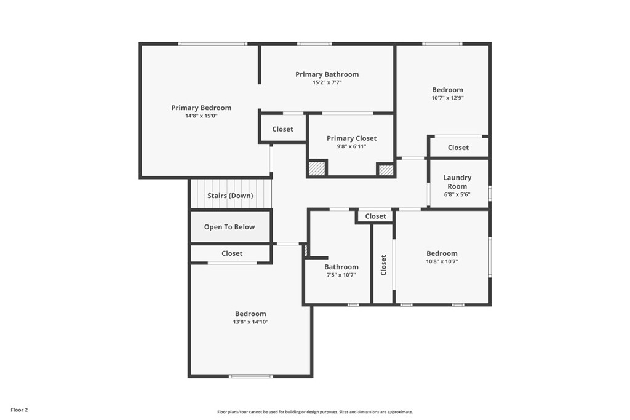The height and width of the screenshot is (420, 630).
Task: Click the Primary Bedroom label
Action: point(201,108)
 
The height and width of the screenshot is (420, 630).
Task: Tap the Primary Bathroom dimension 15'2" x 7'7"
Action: point(327,82)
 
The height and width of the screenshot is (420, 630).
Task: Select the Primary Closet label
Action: point(351,138)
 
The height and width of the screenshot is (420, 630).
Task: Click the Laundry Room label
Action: point(457,181)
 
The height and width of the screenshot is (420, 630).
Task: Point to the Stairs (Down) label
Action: point(230,196)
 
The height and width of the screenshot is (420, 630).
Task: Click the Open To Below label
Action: point(229,227)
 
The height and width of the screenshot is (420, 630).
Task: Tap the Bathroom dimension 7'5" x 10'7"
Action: point(341,275)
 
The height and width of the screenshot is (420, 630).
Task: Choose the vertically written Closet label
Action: point(383,265)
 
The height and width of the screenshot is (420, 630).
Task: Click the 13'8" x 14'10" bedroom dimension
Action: point(250,322)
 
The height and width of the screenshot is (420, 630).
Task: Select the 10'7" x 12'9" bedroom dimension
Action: point(448,98)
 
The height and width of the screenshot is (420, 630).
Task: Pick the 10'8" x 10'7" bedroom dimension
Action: point(442,261)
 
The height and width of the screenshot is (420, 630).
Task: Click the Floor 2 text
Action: point(19,410)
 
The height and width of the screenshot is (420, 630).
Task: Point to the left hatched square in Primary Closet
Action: point(317,168)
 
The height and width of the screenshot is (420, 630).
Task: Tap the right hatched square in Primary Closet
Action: point(386,170)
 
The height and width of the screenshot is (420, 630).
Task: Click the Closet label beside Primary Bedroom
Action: point(282,129)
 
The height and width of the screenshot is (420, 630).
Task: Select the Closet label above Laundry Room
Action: point(458,148)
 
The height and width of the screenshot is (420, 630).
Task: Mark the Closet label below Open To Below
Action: point(232,253)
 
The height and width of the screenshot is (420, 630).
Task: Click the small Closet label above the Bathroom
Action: point(375,216)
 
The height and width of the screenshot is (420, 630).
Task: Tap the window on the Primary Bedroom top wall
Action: point(212,44)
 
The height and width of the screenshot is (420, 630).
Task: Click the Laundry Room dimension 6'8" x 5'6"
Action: point(457,194)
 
